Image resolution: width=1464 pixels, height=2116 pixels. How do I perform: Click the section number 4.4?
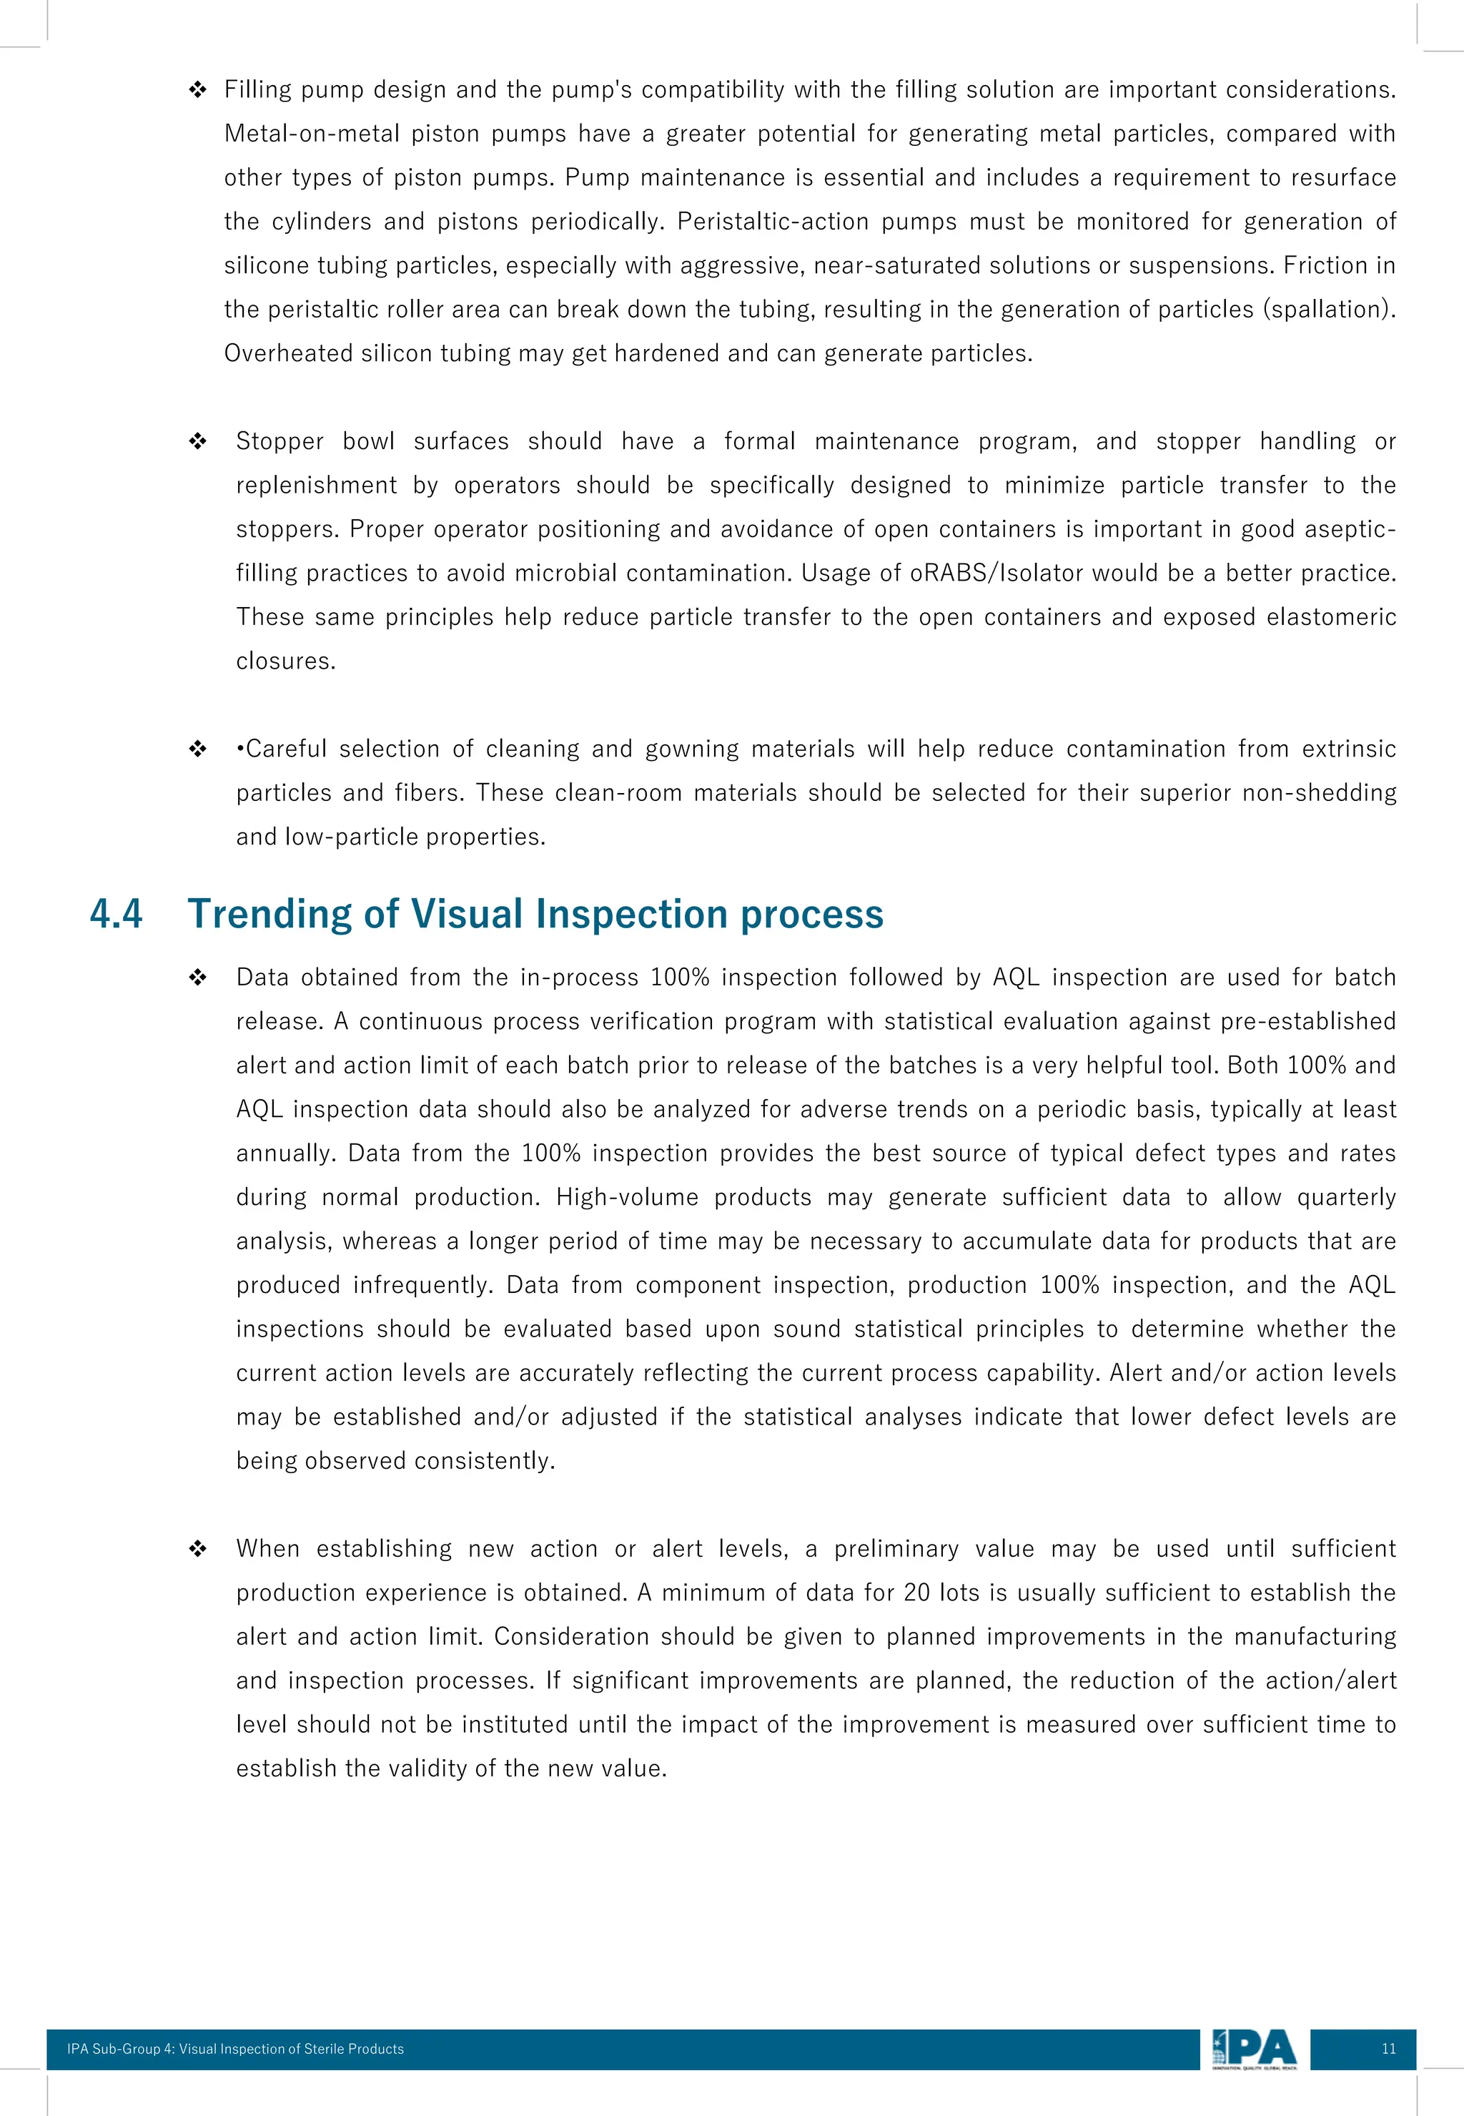[117, 914]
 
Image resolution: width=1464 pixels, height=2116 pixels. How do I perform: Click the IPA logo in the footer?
[1254, 2049]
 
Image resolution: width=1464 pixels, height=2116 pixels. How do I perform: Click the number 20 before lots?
[916, 1592]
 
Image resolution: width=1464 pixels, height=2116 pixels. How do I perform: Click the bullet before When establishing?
[197, 1549]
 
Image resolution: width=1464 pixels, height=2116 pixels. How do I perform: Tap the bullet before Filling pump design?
[197, 90]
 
